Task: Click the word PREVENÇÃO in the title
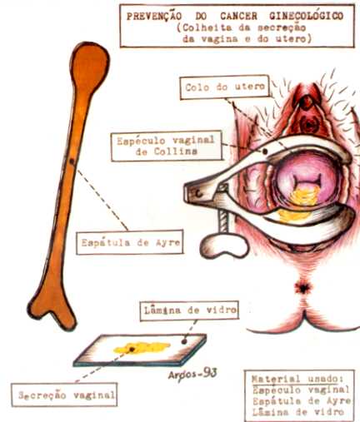click(x=154, y=17)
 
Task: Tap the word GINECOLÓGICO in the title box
click(x=306, y=17)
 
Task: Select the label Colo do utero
click(x=225, y=87)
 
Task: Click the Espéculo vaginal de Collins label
click(x=167, y=146)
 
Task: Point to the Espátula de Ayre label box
click(x=130, y=242)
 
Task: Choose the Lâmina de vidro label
click(x=189, y=310)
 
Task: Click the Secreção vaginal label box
click(x=64, y=395)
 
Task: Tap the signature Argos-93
click(x=192, y=375)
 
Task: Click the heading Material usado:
click(x=297, y=379)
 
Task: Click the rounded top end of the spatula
click(x=89, y=63)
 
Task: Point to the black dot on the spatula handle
click(x=72, y=161)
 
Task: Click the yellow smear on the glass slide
click(x=141, y=348)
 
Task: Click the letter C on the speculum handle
click(x=198, y=194)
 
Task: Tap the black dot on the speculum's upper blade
click(x=265, y=151)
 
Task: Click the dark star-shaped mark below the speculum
click(x=302, y=289)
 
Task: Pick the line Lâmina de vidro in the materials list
click(x=297, y=412)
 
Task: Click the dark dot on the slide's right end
click(x=184, y=342)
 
